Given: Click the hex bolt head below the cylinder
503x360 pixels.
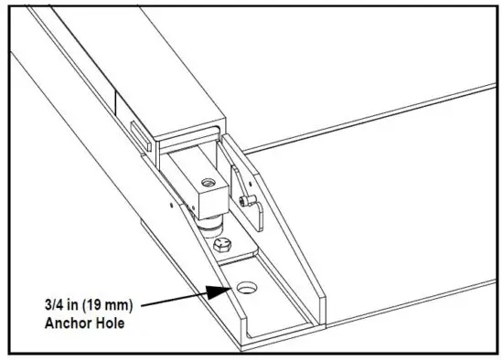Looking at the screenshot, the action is click(221, 245).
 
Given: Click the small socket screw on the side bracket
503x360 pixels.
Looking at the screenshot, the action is click(243, 201).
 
